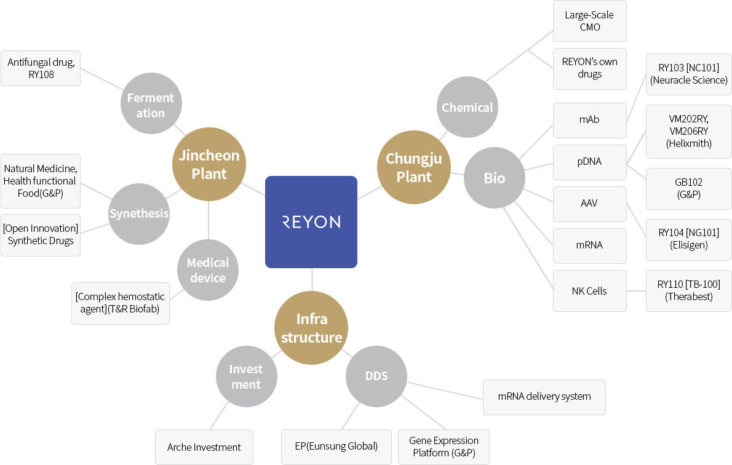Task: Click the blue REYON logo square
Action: [x=311, y=222]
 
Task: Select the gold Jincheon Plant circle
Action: [x=209, y=164]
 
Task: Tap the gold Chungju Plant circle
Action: [x=414, y=167]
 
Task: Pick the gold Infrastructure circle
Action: [x=311, y=328]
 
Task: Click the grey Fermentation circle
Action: [x=151, y=103]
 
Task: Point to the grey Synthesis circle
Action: [x=139, y=214]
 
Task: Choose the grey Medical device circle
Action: [x=208, y=270]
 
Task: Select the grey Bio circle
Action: [x=495, y=178]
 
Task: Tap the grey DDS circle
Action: [x=376, y=376]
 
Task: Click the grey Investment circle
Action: [x=247, y=376]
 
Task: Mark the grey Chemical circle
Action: [x=467, y=107]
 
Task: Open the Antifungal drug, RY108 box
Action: [x=41, y=68]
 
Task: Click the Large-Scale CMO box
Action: [x=590, y=21]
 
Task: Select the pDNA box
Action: [x=590, y=162]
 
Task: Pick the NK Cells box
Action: [x=590, y=291]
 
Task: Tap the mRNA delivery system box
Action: [x=544, y=397]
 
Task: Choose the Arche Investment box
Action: [x=204, y=447]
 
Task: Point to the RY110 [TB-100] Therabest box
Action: [x=688, y=291]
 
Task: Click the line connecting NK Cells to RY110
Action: [x=636, y=291]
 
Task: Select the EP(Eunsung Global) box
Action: [x=336, y=447]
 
